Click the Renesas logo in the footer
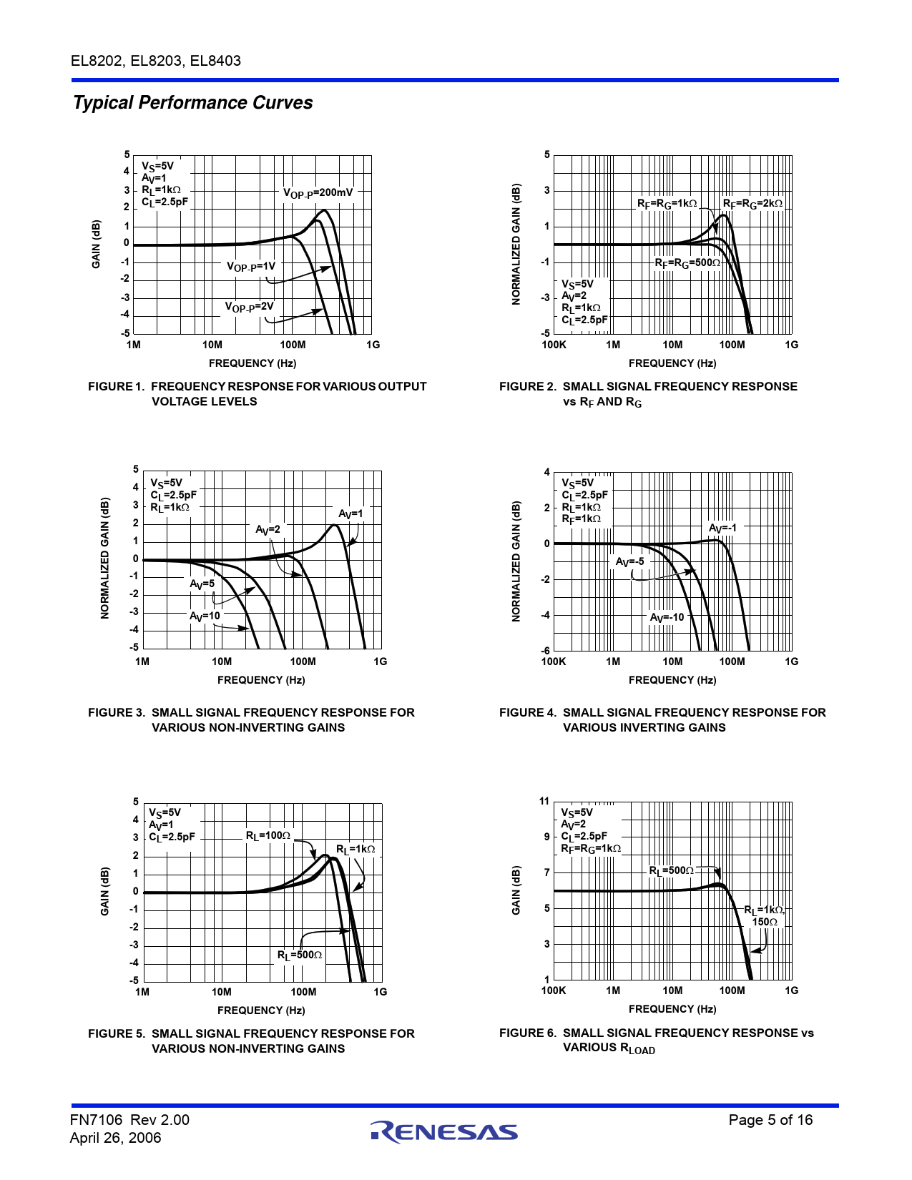coord(443,1131)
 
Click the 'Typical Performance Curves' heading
coord(193,103)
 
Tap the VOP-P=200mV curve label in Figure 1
coord(318,192)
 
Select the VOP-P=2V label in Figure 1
coord(250,307)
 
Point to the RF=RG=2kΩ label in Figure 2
coord(752,204)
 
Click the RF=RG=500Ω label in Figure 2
coord(687,263)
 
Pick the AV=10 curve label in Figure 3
coord(205,616)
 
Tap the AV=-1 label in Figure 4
coord(722,528)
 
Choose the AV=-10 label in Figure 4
coord(667,618)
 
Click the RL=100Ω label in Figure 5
coord(268,836)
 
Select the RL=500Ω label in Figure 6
coord(671,871)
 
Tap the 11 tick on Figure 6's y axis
coord(544,802)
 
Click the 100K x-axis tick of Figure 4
coord(554,662)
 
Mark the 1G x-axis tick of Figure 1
coord(373,345)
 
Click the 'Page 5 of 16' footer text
coord(770,1121)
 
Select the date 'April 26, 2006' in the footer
coord(115,1138)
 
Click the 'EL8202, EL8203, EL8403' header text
coord(156,61)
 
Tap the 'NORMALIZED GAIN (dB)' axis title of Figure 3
coord(105,559)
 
